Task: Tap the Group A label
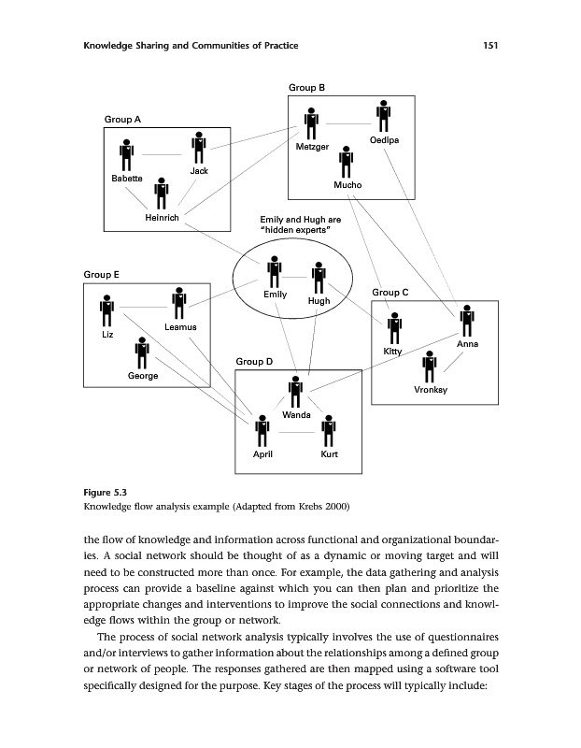pyautogui.click(x=122, y=120)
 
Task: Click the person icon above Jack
pyautogui.click(x=198, y=148)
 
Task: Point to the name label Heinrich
pyautogui.click(x=162, y=218)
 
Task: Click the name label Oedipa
pyautogui.click(x=385, y=140)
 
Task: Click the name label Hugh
pyautogui.click(x=319, y=301)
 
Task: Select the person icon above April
pyautogui.click(x=263, y=431)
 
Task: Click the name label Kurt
pyautogui.click(x=329, y=453)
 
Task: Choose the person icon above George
pyautogui.click(x=142, y=352)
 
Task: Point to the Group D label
pyautogui.click(x=254, y=361)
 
